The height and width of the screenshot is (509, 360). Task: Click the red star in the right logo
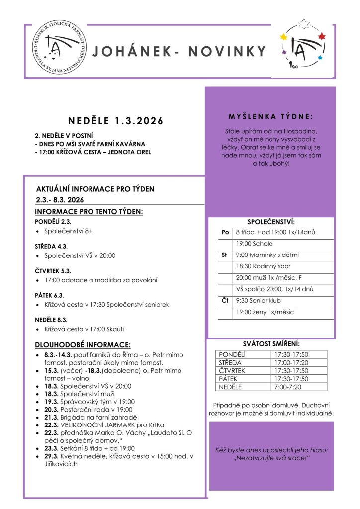[321, 36]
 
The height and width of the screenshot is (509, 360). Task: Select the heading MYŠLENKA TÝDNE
[270, 117]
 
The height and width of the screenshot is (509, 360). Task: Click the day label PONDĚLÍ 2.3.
[53, 221]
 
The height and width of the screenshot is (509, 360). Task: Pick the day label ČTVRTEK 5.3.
[53, 271]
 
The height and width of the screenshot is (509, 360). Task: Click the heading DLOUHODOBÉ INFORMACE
[83, 344]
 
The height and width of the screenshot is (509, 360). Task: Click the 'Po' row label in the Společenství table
[225, 232]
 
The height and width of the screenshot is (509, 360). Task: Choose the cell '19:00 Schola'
[254, 244]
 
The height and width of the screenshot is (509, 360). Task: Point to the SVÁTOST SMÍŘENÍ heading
[271, 343]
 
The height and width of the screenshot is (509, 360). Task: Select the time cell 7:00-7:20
[287, 387]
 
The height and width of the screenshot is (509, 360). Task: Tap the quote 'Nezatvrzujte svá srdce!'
[271, 458]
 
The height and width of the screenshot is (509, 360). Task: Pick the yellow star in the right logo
[284, 36]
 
